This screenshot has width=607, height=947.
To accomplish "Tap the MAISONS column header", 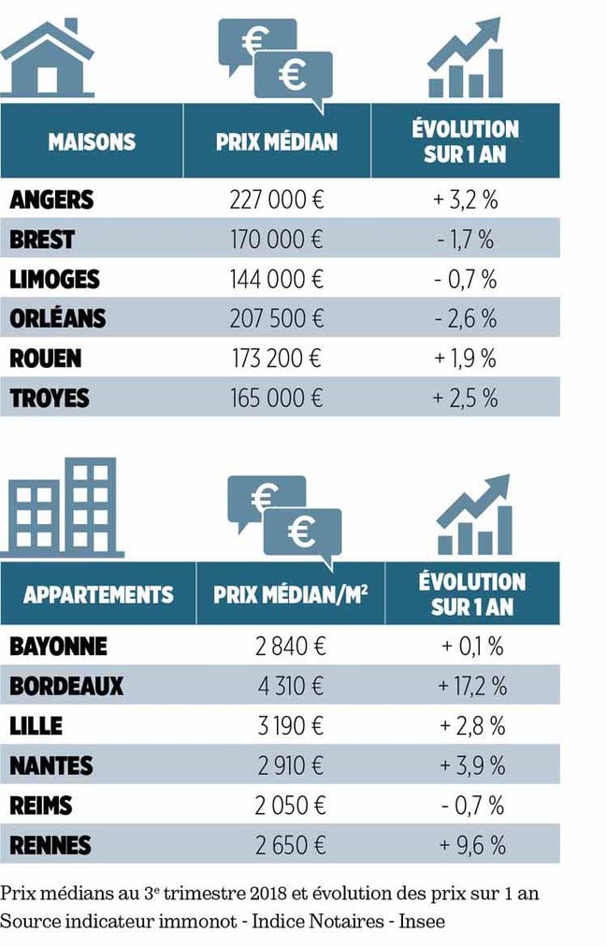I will click(92, 141).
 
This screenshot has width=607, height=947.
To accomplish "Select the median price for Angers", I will click(276, 200).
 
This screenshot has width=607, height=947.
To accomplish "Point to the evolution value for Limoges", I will click(464, 280).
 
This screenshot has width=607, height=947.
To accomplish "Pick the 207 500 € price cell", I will click(276, 319).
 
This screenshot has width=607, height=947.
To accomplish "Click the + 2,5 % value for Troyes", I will click(464, 399).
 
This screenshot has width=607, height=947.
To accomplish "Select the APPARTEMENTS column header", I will click(98, 594).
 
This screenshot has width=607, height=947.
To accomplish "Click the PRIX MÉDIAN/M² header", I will click(290, 594).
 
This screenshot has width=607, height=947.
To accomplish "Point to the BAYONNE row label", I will click(58, 647).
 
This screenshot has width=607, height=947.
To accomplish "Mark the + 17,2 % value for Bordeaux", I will click(471, 686).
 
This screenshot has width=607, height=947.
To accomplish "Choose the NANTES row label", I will click(51, 765).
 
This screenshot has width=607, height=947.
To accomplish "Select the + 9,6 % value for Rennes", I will click(471, 846).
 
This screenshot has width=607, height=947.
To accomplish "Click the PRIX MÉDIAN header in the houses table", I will click(276, 141).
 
